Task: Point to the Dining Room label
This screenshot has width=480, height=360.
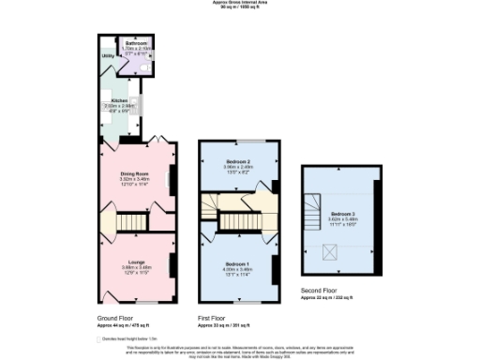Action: (x=136, y=173)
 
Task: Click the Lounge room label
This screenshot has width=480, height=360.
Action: (x=136, y=262)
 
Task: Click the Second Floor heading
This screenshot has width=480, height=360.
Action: (x=318, y=292)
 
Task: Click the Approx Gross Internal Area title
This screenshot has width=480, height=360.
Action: (x=240, y=4)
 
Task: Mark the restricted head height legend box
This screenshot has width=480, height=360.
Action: (x=99, y=338)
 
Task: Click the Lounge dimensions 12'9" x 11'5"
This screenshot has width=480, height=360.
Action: (x=136, y=272)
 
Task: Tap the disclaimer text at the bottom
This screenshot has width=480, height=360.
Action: (x=240, y=352)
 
